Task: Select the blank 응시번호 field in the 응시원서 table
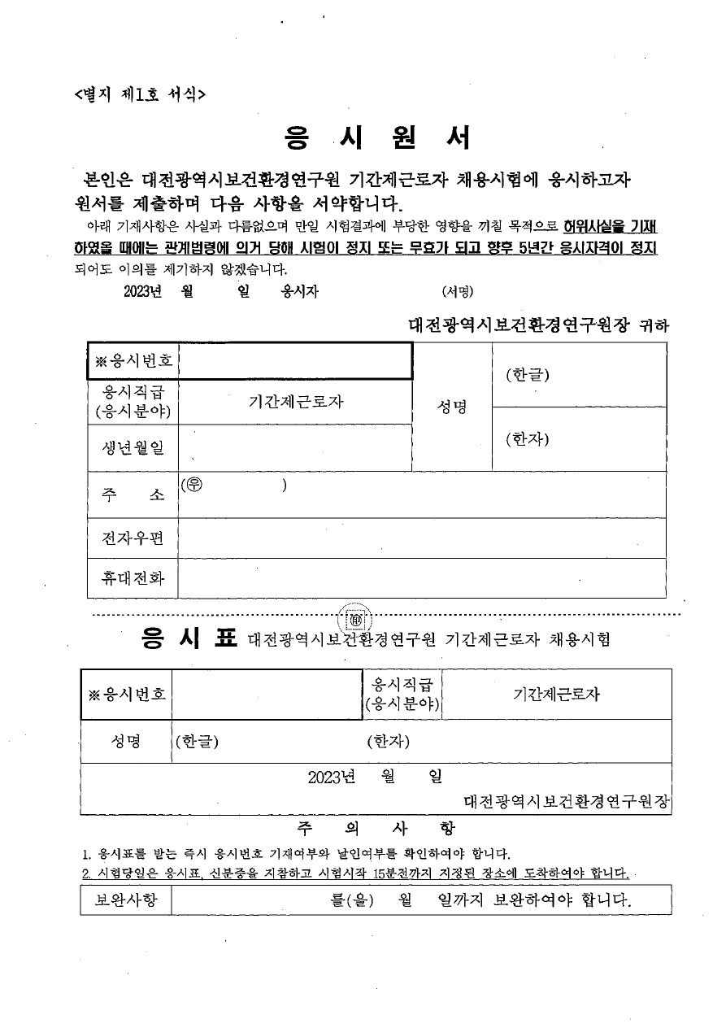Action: pyautogui.click(x=294, y=361)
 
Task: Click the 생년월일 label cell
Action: pyautogui.click(x=133, y=447)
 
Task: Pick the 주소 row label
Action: pyautogui.click(x=133, y=494)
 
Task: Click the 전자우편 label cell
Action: pyautogui.click(x=133, y=538)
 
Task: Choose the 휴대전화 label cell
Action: pyautogui.click(x=133, y=578)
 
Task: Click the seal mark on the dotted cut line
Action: pyautogui.click(x=355, y=617)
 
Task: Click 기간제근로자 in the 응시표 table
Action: pyautogui.click(x=556, y=694)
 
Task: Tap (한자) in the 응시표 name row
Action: pyautogui.click(x=388, y=741)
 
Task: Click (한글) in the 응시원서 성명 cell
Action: pyautogui.click(x=527, y=375)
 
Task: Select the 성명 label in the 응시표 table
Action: pyautogui.click(x=126, y=741)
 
